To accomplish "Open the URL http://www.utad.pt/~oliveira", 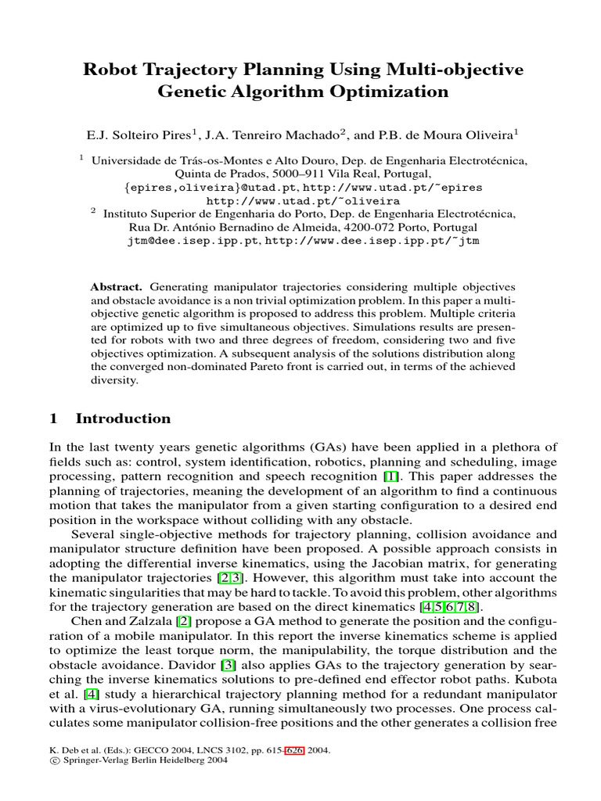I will [x=300, y=200].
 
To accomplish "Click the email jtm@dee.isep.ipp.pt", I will [x=193, y=241].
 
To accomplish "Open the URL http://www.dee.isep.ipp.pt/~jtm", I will [x=372, y=241].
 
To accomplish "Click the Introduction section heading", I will [x=123, y=418].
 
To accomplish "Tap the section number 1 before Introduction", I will [x=53, y=418].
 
